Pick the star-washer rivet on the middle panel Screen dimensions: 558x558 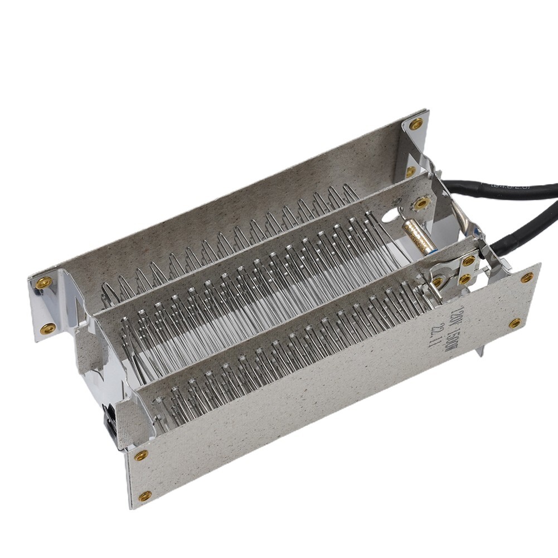coord(421,203)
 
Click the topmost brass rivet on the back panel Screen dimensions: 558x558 coord(416,124)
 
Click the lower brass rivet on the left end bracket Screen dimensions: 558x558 coord(48,327)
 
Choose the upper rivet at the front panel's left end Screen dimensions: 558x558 coord(140,455)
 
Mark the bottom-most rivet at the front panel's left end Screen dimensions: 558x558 coord(145,496)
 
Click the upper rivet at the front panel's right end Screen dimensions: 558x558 coord(527,277)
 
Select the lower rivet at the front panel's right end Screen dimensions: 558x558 coord(515,323)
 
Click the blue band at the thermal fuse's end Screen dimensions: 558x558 coord(430,250)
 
